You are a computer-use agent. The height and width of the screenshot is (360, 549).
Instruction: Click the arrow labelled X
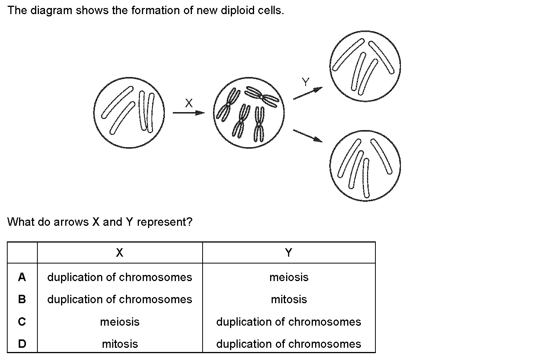coord(189,113)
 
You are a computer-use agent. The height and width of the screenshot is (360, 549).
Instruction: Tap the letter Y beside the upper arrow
coord(305,82)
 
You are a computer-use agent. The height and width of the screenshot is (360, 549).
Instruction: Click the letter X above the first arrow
coord(189,103)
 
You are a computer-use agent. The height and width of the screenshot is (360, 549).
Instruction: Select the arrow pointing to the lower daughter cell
coord(308,136)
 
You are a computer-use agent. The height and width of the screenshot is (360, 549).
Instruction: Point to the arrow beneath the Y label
coord(308,93)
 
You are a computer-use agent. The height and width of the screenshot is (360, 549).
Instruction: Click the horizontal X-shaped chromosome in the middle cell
coord(262,97)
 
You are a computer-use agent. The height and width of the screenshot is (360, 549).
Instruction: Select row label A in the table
coord(22,277)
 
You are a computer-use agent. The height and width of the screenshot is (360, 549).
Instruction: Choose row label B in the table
coord(22,299)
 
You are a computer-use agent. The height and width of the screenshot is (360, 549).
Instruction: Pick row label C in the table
coord(22,321)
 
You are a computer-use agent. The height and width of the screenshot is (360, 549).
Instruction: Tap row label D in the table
coord(22,344)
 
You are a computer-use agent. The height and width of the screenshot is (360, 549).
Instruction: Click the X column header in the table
coord(119,252)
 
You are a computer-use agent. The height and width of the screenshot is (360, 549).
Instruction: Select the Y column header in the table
coord(289,252)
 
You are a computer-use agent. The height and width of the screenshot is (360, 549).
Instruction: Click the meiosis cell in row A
coord(289,277)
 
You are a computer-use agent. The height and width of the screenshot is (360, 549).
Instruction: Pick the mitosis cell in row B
coord(289,299)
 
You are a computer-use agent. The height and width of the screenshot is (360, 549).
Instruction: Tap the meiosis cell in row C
coord(120,322)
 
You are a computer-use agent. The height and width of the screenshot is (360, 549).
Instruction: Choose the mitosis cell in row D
coord(120,344)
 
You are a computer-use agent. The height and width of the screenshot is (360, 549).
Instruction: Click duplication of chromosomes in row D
coord(289,344)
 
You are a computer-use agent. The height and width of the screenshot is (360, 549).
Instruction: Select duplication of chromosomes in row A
coord(119,277)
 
